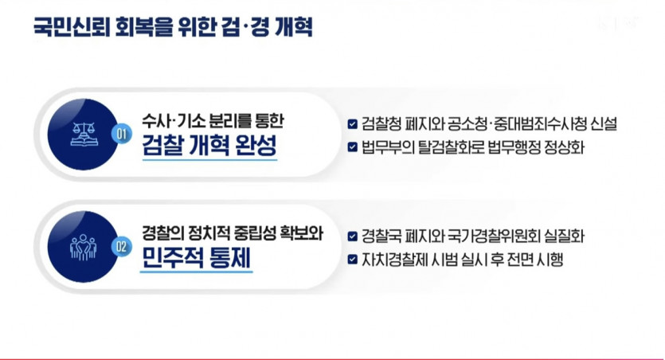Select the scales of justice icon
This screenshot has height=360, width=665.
tap(84, 134)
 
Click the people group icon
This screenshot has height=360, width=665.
tap(83, 247)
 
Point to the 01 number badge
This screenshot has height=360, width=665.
tap(122, 134)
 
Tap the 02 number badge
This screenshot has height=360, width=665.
tap(122, 247)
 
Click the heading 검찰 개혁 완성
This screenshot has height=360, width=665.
tap(209, 146)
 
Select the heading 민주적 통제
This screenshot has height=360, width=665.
tap(196, 258)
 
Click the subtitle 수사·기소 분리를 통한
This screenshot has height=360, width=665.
tap(213, 121)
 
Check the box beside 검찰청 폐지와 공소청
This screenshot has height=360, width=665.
tap(353, 123)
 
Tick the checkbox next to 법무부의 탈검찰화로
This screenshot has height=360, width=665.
tap(353, 147)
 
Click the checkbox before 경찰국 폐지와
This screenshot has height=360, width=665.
tap(353, 237)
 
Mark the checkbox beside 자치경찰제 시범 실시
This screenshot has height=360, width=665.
tap(353, 259)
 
